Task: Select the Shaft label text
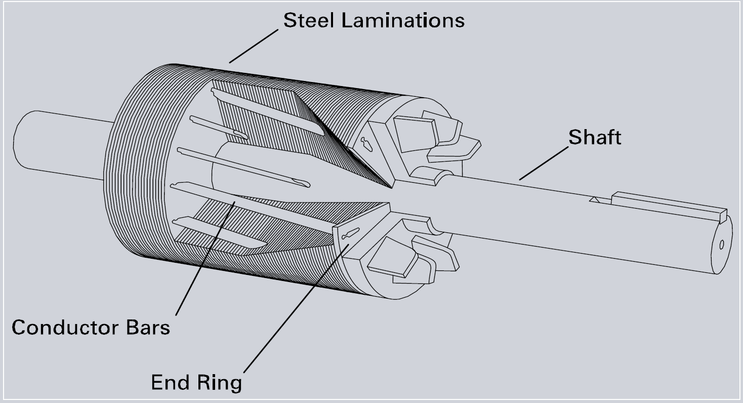click(595, 137)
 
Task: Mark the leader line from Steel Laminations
click(253, 46)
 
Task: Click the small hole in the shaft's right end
click(721, 245)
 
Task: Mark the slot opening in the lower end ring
click(350, 234)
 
